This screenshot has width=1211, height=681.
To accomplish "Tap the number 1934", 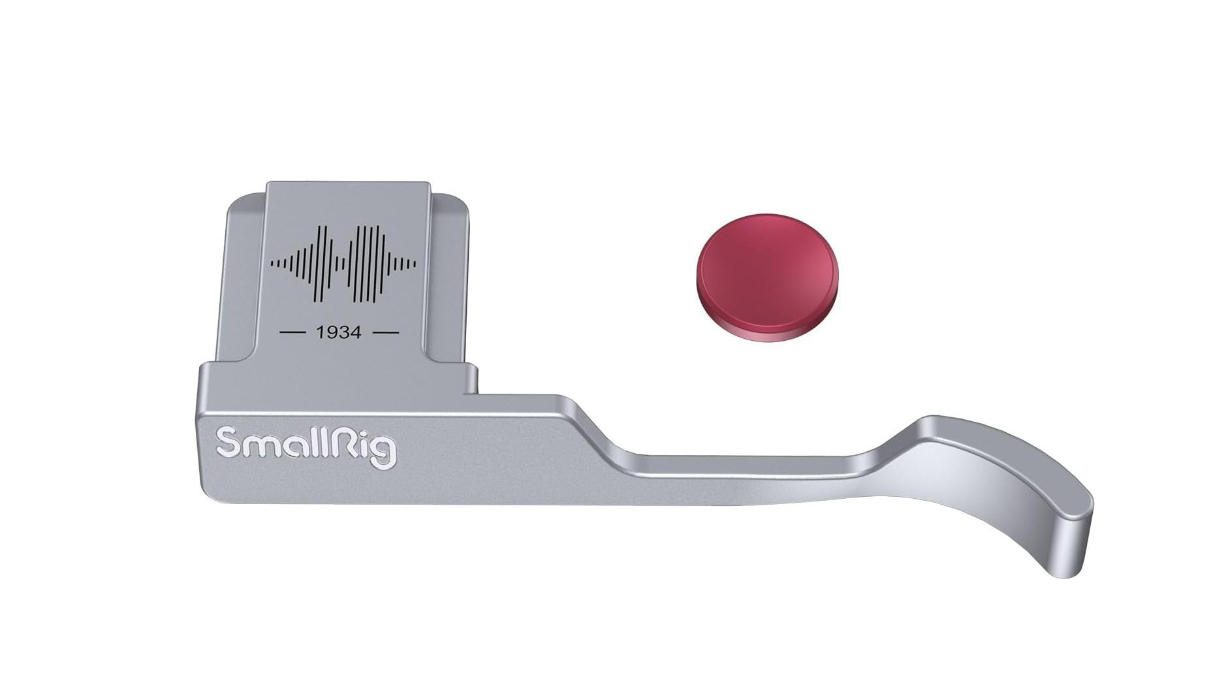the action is point(338,332).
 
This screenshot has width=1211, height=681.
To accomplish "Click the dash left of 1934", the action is point(293,332).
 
